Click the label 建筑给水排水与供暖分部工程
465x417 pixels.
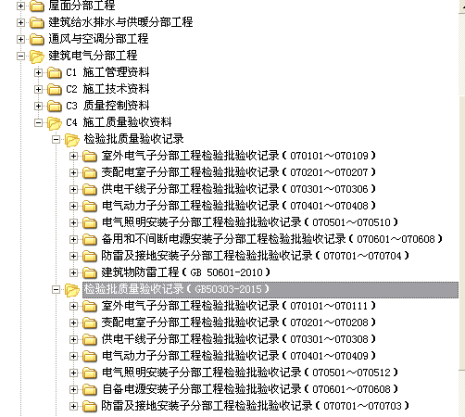click(120, 22)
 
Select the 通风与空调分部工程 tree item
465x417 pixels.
click(98, 39)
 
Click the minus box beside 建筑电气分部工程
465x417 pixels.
click(20, 56)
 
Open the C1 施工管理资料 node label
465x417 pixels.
click(107, 72)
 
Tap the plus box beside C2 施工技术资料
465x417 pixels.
click(38, 89)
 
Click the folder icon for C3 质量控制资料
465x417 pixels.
click(55, 106)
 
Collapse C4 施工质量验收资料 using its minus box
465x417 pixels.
click(38, 122)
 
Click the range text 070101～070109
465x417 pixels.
click(329, 156)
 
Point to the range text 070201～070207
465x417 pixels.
click(329, 172)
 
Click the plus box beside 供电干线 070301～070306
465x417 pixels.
click(73, 189)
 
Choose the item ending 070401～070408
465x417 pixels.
click(238, 206)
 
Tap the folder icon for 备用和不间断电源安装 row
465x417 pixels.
click(90, 239)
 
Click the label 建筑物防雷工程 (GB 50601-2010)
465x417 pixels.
click(185, 272)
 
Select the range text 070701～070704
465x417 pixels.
click(362, 256)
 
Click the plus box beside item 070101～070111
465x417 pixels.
click(73, 306)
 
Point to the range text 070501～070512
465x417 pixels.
click(351, 373)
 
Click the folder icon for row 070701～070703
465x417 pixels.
click(90, 406)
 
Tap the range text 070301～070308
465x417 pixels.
click(329, 339)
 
